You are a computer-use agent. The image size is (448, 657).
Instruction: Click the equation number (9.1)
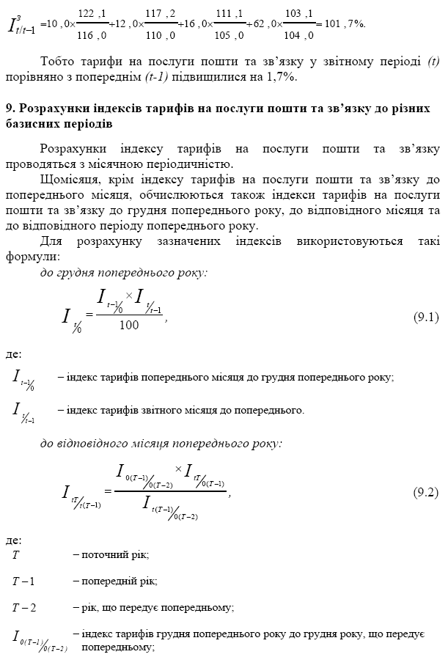point(426,318)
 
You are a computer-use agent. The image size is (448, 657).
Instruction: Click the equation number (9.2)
point(426,492)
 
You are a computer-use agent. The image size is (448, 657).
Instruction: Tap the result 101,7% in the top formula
point(344,23)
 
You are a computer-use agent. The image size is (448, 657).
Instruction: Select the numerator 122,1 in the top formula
point(92,13)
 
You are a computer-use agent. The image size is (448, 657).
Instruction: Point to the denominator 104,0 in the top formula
point(299,34)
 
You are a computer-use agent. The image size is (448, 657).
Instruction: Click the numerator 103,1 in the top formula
point(299,13)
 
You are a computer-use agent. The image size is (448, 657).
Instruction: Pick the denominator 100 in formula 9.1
point(128,326)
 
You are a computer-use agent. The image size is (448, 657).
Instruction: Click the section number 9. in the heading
point(10,108)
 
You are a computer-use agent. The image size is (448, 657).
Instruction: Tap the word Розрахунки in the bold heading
point(50,108)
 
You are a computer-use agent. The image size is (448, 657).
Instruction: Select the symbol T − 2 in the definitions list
point(23,607)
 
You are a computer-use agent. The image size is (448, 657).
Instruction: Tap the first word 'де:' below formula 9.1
point(13,354)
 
